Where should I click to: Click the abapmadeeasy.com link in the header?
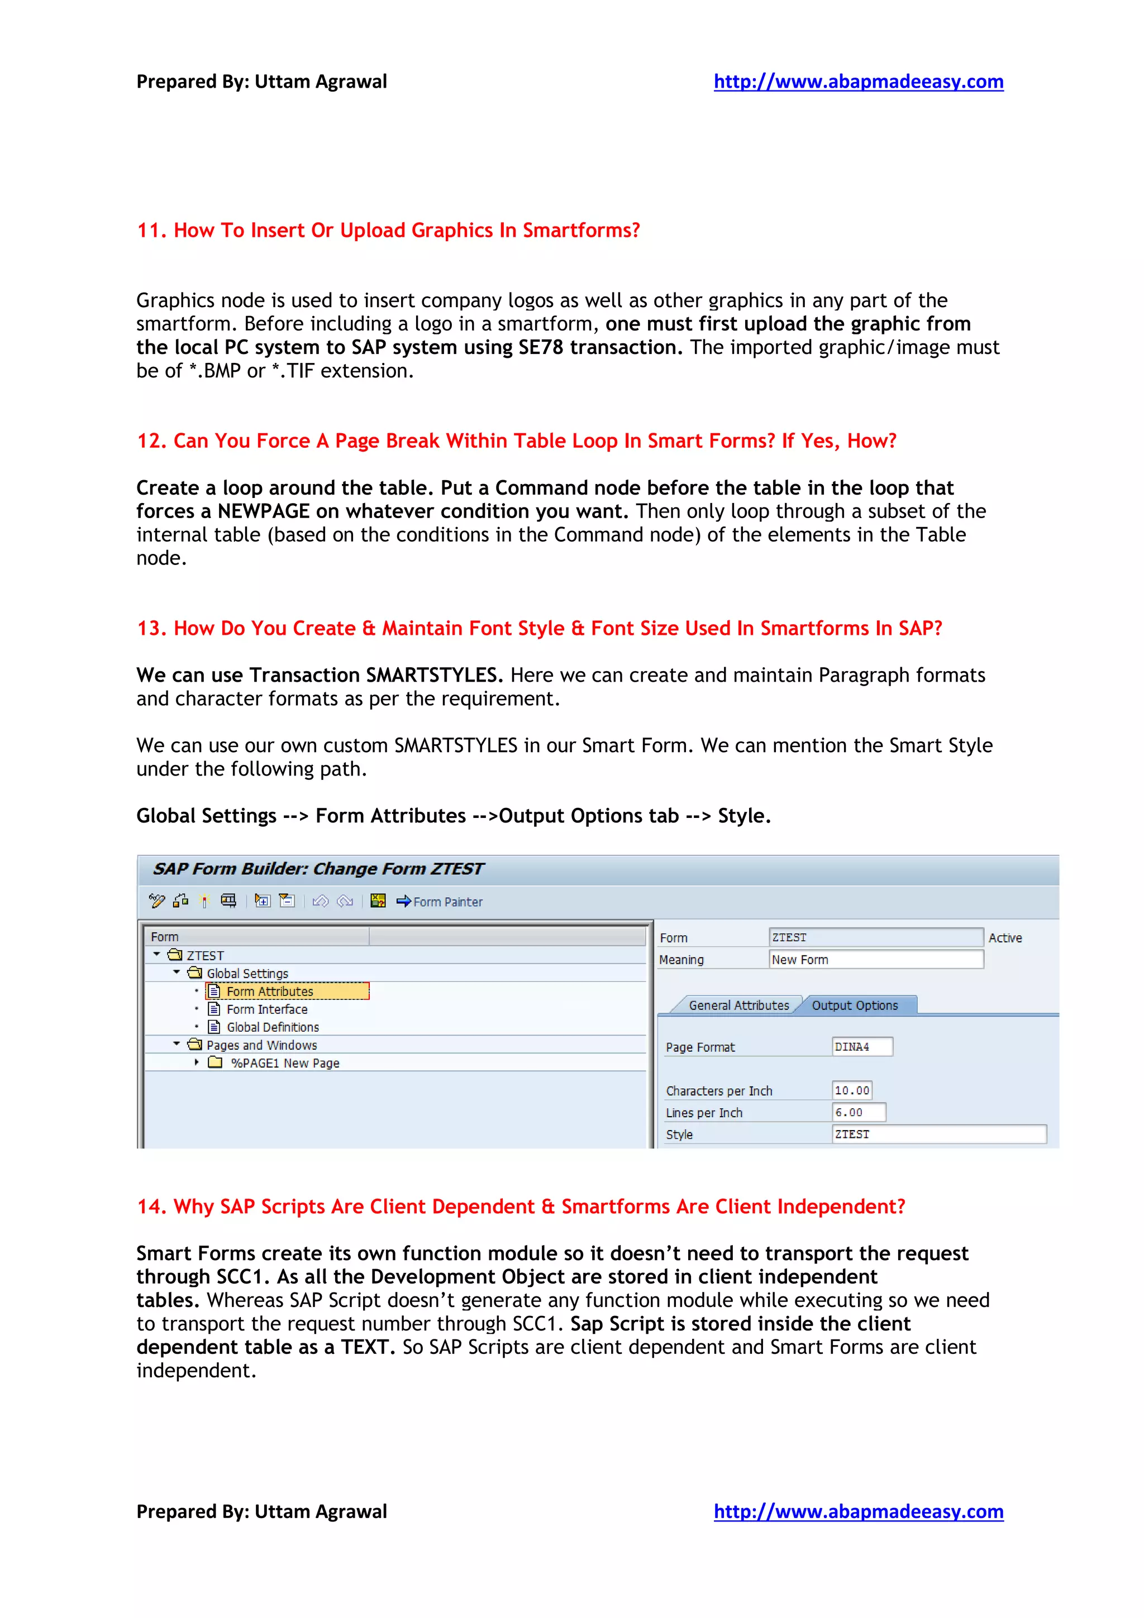858,82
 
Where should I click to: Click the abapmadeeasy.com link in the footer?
858,1511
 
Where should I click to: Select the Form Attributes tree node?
269,992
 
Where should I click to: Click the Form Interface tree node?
266,1009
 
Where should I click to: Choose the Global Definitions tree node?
272,1027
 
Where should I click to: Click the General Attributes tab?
738,1006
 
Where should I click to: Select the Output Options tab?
854,1006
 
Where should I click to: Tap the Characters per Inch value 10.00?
851,1090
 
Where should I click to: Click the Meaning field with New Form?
875,959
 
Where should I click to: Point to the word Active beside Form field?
1004,938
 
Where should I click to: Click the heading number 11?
151,231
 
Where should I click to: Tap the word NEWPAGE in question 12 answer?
263,511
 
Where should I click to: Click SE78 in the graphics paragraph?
541,347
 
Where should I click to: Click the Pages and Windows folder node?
261,1045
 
